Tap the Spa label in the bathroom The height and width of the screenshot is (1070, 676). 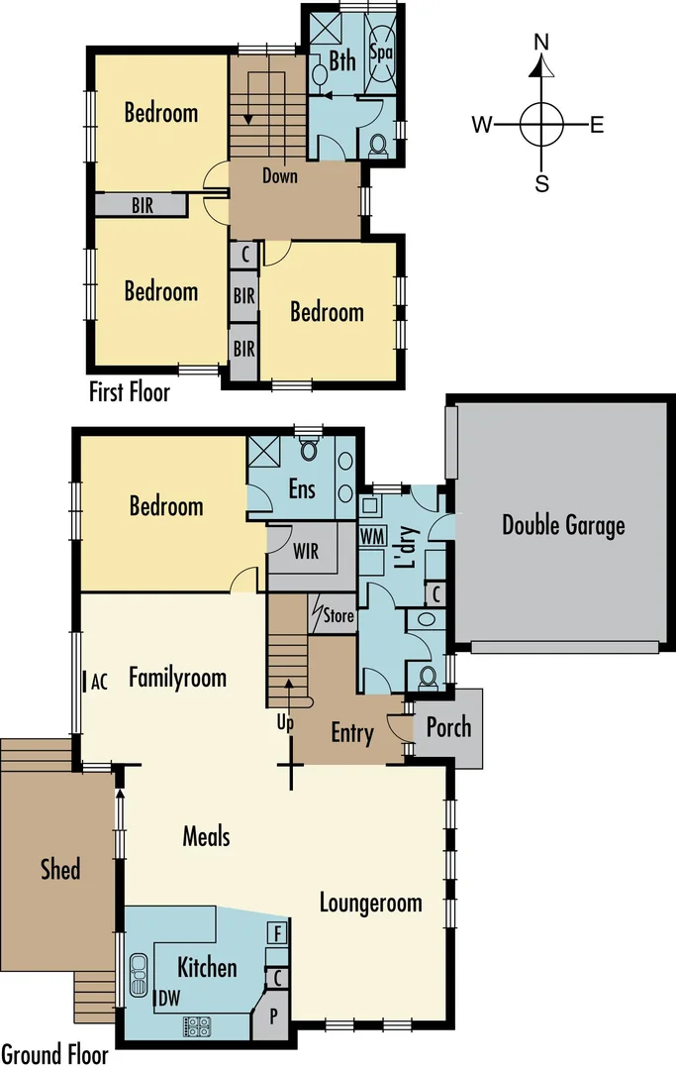pos(380,51)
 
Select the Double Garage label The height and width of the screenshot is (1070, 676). pos(563,524)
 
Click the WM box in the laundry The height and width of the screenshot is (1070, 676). pos(371,535)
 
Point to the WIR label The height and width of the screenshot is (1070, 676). pos(306,552)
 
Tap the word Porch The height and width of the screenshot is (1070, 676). pos(448,727)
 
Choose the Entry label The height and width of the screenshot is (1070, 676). pos(352,733)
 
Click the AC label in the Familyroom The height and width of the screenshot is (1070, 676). pos(98,682)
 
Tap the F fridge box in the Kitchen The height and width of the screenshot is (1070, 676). pos(278,933)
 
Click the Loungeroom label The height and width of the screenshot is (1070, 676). pos(370,903)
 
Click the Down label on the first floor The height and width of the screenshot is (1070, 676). pos(280,176)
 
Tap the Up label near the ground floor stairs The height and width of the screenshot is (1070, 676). pos(285,722)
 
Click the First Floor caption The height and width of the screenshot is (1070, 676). pos(130,392)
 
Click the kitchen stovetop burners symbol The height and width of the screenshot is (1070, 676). pos(196,1026)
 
